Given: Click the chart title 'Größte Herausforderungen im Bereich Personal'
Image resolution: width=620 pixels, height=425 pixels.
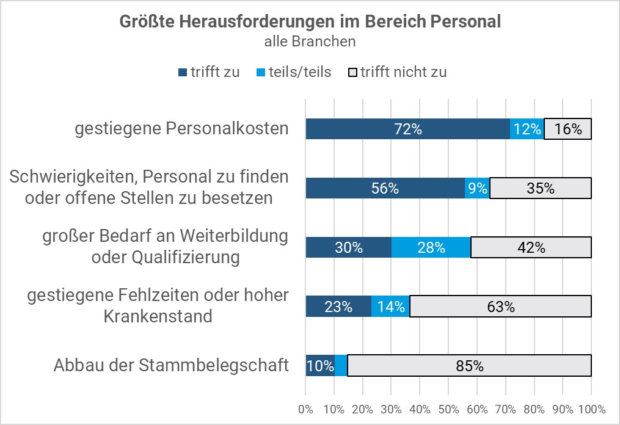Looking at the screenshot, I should (x=310, y=21).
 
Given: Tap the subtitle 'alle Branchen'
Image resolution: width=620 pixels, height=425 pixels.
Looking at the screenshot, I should (x=310, y=42).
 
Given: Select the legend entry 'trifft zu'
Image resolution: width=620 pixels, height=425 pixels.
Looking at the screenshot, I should (x=209, y=72).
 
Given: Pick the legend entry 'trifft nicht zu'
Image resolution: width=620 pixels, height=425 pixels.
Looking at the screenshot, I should (x=398, y=72).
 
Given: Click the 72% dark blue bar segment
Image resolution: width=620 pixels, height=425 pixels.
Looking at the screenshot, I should (x=407, y=129).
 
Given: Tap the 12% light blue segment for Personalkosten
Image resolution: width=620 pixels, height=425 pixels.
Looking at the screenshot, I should (x=527, y=129).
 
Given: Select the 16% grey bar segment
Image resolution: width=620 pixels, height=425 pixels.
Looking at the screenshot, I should (x=567, y=129).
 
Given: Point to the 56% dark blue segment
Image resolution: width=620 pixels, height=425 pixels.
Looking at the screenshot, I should (x=385, y=188).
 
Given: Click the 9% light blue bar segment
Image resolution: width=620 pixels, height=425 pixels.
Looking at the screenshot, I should (x=477, y=188).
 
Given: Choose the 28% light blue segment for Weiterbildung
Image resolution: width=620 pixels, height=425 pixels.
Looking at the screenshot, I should (x=431, y=247).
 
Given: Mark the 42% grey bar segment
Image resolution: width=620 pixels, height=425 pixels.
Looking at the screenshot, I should (x=531, y=247).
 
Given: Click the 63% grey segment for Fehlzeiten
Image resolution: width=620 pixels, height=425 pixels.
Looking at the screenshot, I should (x=500, y=307).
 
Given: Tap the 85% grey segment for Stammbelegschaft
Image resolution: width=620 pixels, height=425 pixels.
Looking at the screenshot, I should (x=469, y=366).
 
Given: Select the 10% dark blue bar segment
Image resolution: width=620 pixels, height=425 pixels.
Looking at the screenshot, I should (x=319, y=366).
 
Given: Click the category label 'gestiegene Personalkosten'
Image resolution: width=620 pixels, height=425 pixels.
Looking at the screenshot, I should (x=181, y=129).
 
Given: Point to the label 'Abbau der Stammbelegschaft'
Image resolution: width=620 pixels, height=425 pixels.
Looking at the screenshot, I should (x=170, y=366).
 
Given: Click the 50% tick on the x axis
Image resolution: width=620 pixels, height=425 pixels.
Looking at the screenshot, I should (x=448, y=409).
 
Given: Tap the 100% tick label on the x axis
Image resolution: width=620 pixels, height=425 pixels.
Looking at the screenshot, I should (x=591, y=409).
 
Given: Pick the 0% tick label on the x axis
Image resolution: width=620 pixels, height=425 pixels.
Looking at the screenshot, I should (x=305, y=409).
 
